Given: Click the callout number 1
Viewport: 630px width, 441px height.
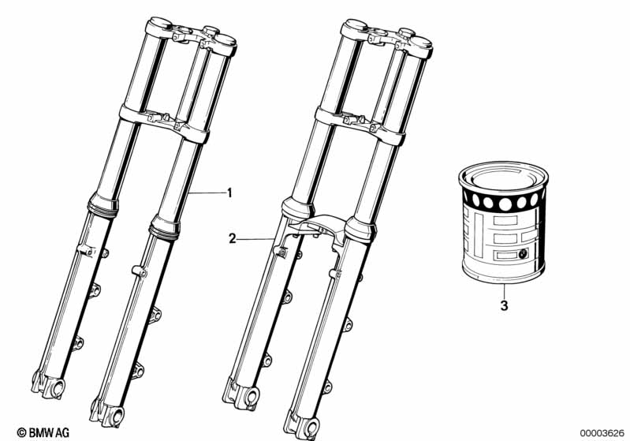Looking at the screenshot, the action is tap(229, 193).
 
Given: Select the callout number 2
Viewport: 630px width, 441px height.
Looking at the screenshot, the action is tap(233, 239).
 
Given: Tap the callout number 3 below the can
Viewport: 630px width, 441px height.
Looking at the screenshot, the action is tap(504, 305).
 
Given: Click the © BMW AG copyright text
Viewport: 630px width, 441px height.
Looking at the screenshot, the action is tap(43, 432).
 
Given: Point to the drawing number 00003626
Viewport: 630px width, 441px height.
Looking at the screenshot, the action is tap(602, 433).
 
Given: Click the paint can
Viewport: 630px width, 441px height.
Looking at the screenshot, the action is tap(503, 222).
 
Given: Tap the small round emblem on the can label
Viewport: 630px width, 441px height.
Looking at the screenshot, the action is tap(523, 253).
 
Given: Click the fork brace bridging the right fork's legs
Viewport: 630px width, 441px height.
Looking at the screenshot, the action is tap(318, 228).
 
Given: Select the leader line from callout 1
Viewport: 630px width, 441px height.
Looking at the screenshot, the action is tap(207, 193).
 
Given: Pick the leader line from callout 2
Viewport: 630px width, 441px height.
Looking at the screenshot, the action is tap(255, 239).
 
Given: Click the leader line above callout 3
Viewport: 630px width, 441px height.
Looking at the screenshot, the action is tap(503, 290).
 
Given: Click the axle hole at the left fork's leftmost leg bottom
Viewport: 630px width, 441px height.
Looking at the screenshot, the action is tap(58, 387).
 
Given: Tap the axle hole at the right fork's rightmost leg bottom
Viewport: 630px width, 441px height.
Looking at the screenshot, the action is tap(312, 428).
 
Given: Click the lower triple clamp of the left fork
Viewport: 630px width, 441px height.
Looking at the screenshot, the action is tap(164, 122).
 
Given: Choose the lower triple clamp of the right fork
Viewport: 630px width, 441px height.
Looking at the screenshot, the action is tap(360, 125).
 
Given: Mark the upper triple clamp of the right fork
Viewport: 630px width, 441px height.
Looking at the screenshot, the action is tap(386, 37).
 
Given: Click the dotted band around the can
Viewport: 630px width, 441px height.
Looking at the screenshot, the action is tap(503, 200).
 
